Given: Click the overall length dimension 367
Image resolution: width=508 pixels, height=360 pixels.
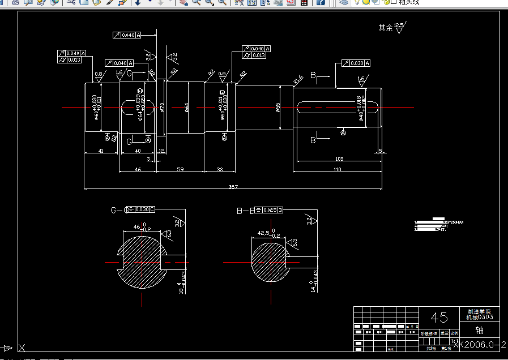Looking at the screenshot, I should [233, 186].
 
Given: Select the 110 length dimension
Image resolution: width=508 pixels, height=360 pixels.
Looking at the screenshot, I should [338, 169].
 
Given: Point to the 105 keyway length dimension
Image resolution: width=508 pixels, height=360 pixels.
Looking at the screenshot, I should [339, 158].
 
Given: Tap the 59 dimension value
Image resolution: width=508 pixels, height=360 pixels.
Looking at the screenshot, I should [180, 169].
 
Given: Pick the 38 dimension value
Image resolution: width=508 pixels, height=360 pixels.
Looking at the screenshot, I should [220, 169].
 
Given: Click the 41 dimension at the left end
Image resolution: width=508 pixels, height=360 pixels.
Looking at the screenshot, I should [100, 151].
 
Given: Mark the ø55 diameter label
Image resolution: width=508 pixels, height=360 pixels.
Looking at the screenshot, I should [278, 107].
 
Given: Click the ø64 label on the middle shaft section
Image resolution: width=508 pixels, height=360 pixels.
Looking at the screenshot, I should [186, 107].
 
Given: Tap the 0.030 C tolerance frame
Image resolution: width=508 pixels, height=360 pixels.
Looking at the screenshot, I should [142, 209].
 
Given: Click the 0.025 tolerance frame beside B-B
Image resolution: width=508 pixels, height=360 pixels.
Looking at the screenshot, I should [269, 210].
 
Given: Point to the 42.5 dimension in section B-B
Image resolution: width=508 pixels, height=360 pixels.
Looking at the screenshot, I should [264, 232].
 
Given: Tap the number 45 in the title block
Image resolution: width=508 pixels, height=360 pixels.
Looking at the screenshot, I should [439, 318].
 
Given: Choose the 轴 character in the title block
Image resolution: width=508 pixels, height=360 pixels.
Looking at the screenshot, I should [479, 330].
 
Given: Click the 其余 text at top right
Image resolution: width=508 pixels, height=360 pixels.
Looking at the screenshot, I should [386, 27].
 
